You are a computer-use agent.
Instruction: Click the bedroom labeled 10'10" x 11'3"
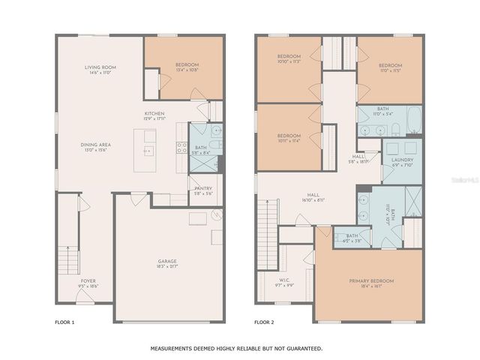[289, 59]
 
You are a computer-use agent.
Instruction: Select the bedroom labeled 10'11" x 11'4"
[289, 136]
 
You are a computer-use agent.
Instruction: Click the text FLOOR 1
[65, 322]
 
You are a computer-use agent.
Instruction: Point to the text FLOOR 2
[265, 322]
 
